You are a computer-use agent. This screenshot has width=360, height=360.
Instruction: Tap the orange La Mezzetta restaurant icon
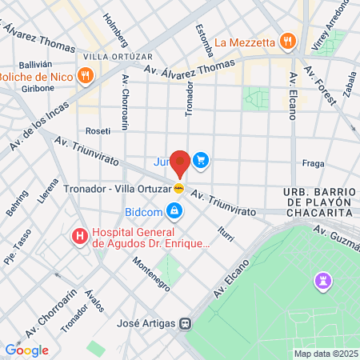[x=288, y=42]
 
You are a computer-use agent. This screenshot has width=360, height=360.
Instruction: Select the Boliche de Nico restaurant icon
[x=86, y=76]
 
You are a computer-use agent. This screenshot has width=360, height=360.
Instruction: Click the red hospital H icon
[x=80, y=237]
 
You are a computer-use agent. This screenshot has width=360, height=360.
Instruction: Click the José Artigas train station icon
[x=186, y=324]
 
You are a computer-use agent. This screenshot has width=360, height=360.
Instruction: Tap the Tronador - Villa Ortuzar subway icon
[x=179, y=188]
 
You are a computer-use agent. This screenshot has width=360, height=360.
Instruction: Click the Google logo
[x=26, y=350]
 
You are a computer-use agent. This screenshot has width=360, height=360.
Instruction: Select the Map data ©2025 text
[x=325, y=354]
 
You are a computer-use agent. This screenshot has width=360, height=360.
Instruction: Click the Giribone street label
[x=38, y=90]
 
